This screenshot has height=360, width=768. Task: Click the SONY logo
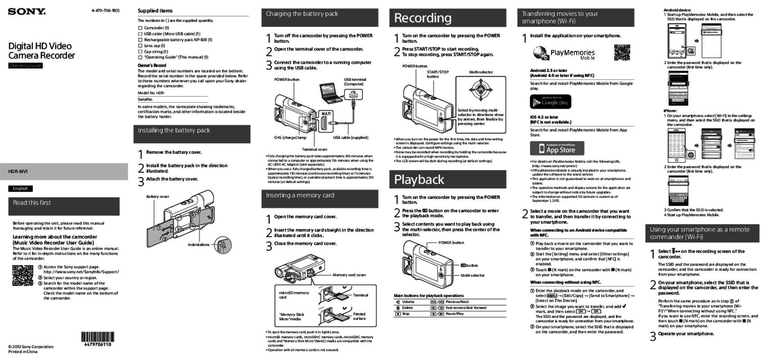(x=27, y=11)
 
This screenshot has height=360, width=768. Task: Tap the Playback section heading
(x=419, y=180)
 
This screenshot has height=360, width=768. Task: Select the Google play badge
(x=550, y=102)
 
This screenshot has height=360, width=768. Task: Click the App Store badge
(x=556, y=148)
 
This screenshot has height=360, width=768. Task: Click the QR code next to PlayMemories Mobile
(x=622, y=52)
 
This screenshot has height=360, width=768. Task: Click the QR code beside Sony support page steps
(x=23, y=275)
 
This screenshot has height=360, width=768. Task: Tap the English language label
(x=20, y=189)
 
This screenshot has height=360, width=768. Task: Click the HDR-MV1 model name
(x=18, y=171)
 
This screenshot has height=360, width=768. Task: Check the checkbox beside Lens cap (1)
(x=140, y=46)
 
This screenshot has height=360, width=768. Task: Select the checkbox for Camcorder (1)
(x=140, y=28)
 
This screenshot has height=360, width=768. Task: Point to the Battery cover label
(x=157, y=197)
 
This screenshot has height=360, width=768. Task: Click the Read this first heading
(x=32, y=203)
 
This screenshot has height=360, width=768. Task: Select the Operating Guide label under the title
(x=26, y=66)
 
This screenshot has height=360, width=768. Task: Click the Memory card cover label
(x=349, y=274)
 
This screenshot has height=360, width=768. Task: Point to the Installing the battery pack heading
(x=174, y=130)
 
